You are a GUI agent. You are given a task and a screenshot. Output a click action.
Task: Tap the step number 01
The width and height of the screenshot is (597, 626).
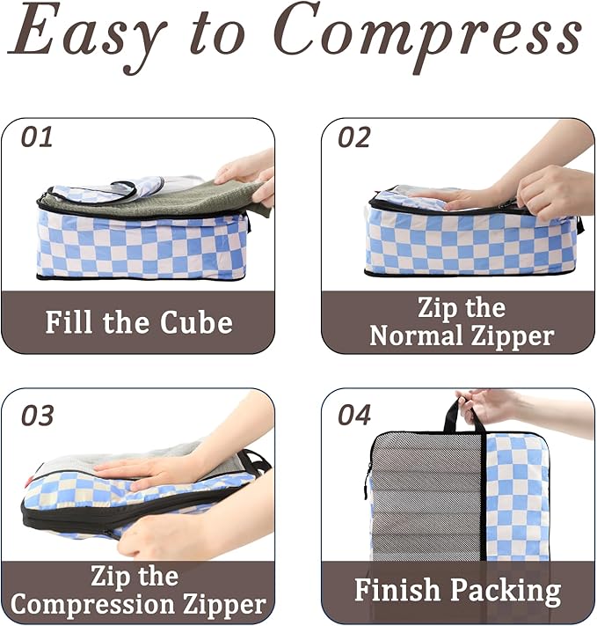pyautogui.click(x=37, y=137)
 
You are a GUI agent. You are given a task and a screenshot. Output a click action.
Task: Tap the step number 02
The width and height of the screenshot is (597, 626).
pyautogui.click(x=353, y=137)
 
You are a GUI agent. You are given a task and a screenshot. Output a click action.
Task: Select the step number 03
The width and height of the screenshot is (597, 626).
pyautogui.click(x=37, y=415)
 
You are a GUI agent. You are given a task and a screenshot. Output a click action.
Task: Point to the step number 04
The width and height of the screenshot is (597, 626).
pyautogui.click(x=354, y=415)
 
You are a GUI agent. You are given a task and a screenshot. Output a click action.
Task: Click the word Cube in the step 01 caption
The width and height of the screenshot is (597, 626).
pyautogui.click(x=196, y=322)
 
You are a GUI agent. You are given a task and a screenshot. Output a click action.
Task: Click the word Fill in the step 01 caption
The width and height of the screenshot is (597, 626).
pyautogui.click(x=71, y=322)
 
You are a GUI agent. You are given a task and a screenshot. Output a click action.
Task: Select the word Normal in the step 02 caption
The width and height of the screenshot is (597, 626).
pyautogui.click(x=416, y=335)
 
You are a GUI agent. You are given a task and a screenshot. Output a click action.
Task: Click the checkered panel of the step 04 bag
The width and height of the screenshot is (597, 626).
pyautogui.click(x=516, y=493)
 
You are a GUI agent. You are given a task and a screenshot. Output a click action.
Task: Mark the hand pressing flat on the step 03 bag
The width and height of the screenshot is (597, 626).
pyautogui.click(x=145, y=471)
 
